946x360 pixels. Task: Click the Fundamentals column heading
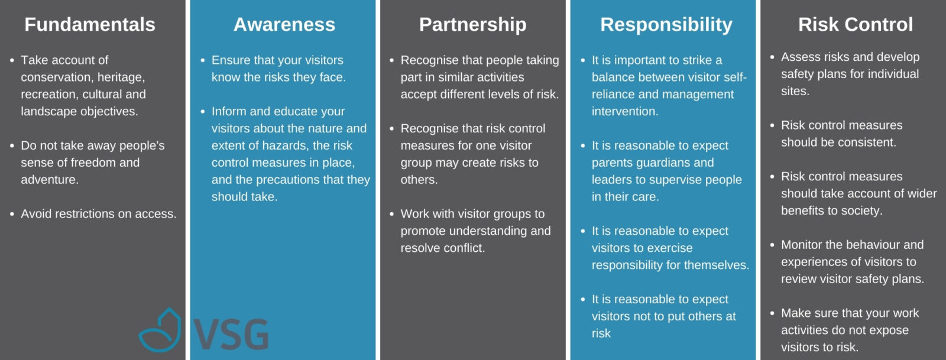(x=89, y=24)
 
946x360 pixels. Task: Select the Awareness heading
(x=284, y=24)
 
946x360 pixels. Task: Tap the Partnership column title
(x=472, y=25)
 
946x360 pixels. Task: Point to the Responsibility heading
(x=666, y=25)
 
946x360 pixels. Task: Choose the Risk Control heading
(x=855, y=24)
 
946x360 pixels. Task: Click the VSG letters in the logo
(x=231, y=334)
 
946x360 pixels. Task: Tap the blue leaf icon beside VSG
(x=160, y=330)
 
